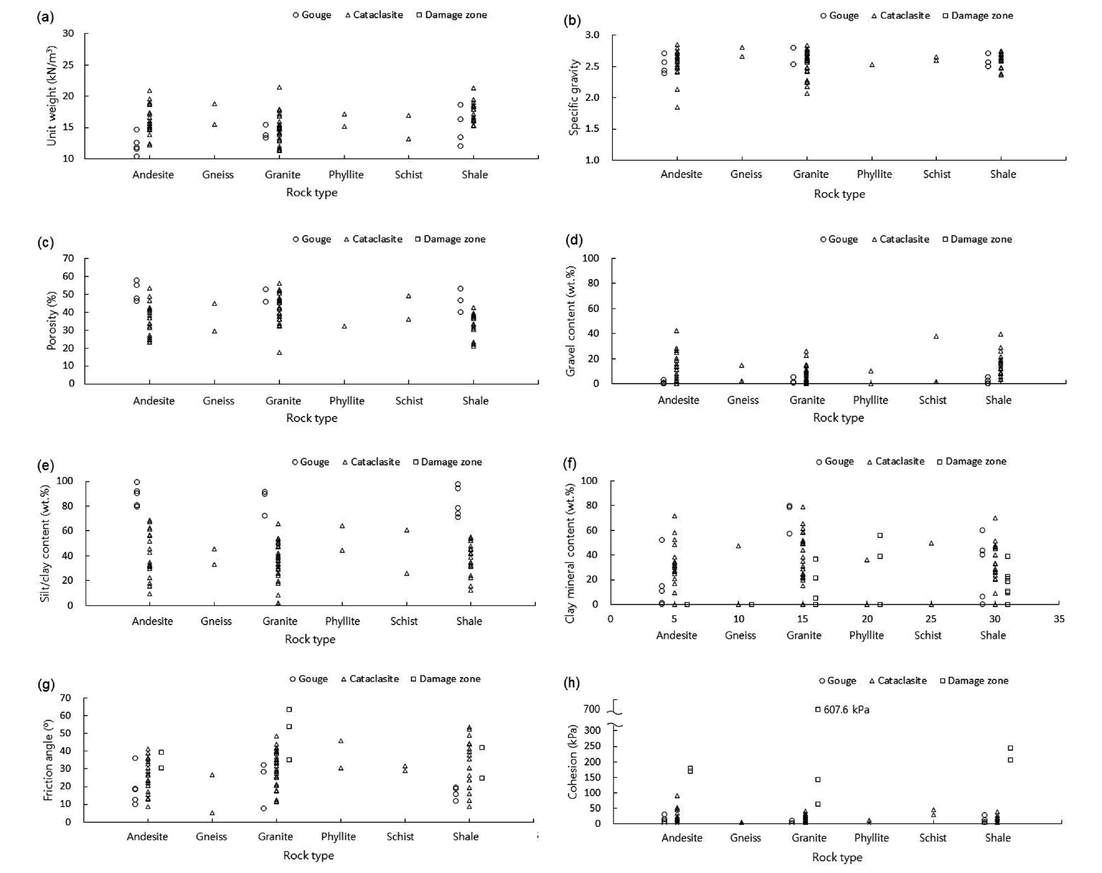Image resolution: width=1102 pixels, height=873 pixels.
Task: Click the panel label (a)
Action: pyautogui.click(x=45, y=17)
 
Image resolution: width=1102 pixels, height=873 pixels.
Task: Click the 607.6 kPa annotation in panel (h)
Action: pyautogui.click(x=846, y=709)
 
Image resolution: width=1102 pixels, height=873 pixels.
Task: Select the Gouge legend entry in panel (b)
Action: pyautogui.click(x=839, y=15)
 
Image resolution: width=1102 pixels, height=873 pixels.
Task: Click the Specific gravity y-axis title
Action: pyautogui.click(x=574, y=97)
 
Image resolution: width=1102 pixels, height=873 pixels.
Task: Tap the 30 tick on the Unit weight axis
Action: pyautogui.click(x=68, y=33)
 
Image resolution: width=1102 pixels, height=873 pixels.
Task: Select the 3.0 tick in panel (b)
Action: pyautogui.click(x=592, y=35)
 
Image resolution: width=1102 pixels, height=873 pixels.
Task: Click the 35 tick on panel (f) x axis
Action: pyautogui.click(x=1059, y=619)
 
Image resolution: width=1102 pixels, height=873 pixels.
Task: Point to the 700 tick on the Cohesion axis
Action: pyautogui.click(x=592, y=709)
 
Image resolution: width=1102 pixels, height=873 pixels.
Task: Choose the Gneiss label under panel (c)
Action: pyautogui.click(x=218, y=401)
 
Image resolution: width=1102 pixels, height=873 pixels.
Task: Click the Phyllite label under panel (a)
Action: pyautogui.click(x=346, y=174)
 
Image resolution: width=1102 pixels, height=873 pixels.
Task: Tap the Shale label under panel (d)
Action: pyautogui.click(x=998, y=400)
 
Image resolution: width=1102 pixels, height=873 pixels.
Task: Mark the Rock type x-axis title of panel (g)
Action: pyautogui.click(x=308, y=855)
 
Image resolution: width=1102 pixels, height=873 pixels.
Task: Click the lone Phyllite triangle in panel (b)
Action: pyautogui.click(x=872, y=65)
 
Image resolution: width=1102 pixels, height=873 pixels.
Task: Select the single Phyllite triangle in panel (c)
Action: pyautogui.click(x=344, y=326)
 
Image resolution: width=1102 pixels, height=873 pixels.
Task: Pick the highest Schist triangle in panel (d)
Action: pyautogui.click(x=936, y=336)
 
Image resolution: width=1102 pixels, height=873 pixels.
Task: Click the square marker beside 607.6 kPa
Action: pyautogui.click(x=818, y=709)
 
